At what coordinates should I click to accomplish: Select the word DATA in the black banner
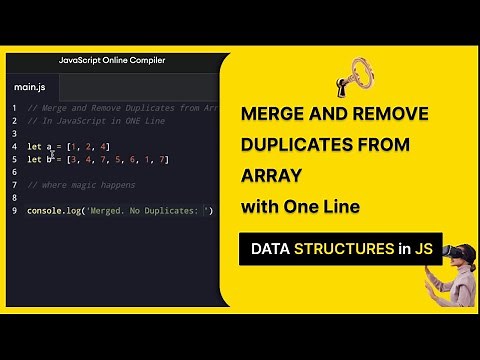pyautogui.click(x=270, y=249)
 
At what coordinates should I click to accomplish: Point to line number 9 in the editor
pyautogui.click(x=14, y=211)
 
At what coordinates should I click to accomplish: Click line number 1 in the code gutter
pyautogui.click(x=14, y=108)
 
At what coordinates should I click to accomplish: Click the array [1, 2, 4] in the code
pyautogui.click(x=89, y=147)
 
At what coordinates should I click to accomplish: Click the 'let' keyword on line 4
pyautogui.click(x=35, y=147)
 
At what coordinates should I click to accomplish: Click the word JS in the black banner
pyautogui.click(x=423, y=249)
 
